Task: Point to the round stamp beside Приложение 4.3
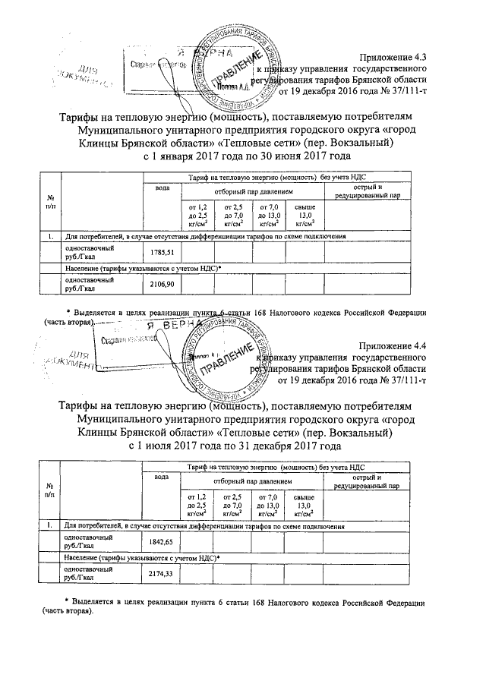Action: tap(235, 70)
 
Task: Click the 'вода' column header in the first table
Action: tap(162, 188)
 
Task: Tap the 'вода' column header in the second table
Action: tap(161, 477)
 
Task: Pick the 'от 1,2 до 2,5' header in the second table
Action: tap(196, 504)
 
